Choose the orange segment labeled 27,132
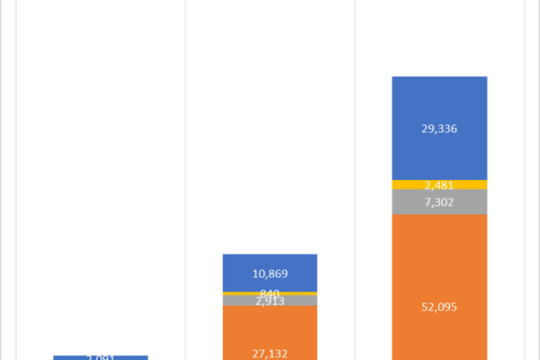pyautogui.click(x=243, y=328)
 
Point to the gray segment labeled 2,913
pyautogui.click(x=238, y=301)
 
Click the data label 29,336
pyautogui.click(x=439, y=129)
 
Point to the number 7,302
pyautogui.click(x=439, y=202)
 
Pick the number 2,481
pyautogui.click(x=439, y=185)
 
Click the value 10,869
pyautogui.click(x=269, y=273)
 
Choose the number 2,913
pyautogui.click(x=271, y=301)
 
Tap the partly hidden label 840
pyautogui.click(x=270, y=293)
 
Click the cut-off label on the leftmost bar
pyautogui.click(x=100, y=357)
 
